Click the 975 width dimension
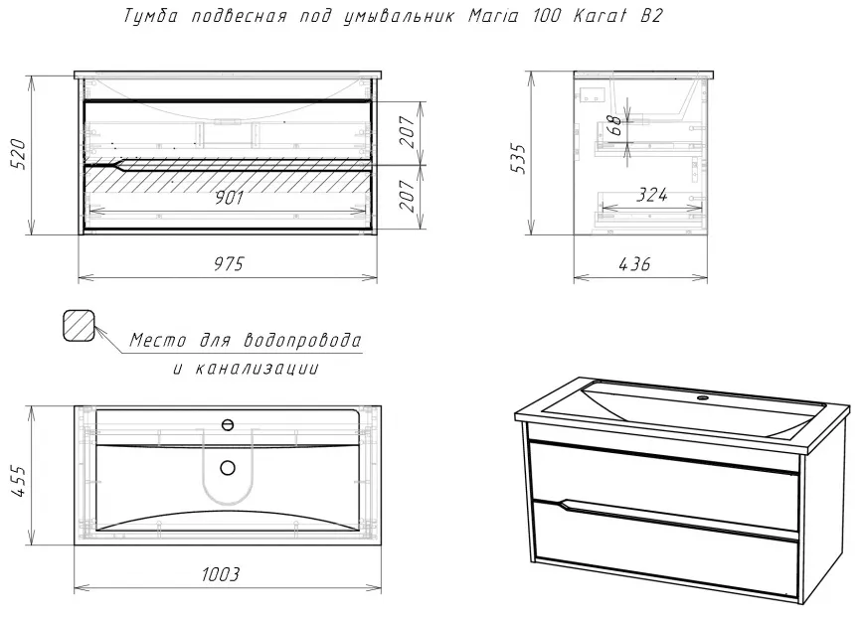[x=228, y=264]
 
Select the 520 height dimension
[x=18, y=154]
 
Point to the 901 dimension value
[x=228, y=198]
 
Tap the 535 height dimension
[x=518, y=159]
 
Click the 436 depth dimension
[x=634, y=264]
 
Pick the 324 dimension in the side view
[x=651, y=195]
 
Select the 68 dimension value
[x=615, y=125]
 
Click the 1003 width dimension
[x=221, y=574]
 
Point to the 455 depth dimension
[x=18, y=481]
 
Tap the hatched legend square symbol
[x=80, y=325]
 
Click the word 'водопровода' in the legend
[x=302, y=340]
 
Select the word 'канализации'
[x=258, y=368]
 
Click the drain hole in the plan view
[x=228, y=468]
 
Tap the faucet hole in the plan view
[x=228, y=424]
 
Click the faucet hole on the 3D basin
[x=702, y=397]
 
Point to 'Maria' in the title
[x=493, y=16]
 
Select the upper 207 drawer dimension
[x=408, y=132]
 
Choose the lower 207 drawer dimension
[x=408, y=196]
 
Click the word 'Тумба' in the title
[x=151, y=16]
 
